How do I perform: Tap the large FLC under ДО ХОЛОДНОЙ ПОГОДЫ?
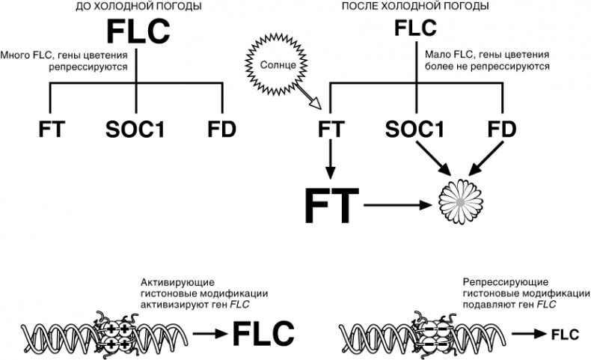(x=137, y=33)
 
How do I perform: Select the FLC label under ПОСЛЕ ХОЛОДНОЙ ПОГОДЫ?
(x=415, y=29)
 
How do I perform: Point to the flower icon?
(x=458, y=201)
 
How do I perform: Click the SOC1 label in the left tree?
(x=135, y=129)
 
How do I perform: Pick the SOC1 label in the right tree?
(x=415, y=129)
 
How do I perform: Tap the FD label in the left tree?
(x=221, y=129)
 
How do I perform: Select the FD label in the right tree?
(x=501, y=129)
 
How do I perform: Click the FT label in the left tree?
(x=52, y=129)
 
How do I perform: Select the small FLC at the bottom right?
(x=566, y=335)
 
